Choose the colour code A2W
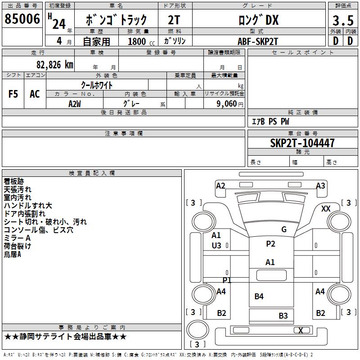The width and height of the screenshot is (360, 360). tap(75, 103)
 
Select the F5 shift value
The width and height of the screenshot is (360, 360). tap(13, 94)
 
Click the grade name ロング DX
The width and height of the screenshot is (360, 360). tap(258, 20)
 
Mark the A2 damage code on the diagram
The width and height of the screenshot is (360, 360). tap(220, 185)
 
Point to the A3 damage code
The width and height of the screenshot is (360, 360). tap(320, 185)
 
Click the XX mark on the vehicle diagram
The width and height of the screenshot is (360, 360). tap(326, 209)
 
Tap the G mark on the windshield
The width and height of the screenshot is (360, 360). tap(284, 229)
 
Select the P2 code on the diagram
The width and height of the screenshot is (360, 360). tap(270, 244)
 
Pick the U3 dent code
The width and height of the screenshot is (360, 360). tap(216, 246)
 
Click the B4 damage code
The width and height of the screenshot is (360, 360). tap(259, 297)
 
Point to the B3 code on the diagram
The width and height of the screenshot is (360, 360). tap(283, 316)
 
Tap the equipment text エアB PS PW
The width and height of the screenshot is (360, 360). tap(270, 121)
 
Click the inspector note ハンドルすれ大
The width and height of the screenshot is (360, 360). tap(28, 206)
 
